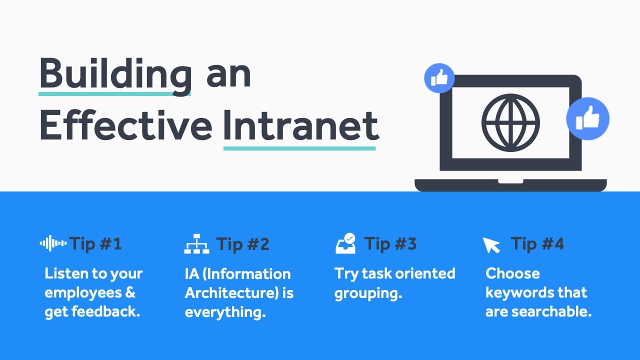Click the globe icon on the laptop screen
point(510,122)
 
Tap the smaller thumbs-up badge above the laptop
point(439,78)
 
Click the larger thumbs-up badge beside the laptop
point(587,118)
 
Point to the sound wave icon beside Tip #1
point(53,243)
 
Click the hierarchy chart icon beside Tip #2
point(197,244)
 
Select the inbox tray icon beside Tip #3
point(345,243)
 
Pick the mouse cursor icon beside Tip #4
point(491,245)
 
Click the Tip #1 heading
point(95,244)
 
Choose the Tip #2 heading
point(242,244)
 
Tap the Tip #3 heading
point(390,244)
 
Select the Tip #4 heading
point(537,244)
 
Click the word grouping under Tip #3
point(367,293)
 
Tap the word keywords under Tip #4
point(517,293)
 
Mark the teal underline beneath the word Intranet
point(299,148)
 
